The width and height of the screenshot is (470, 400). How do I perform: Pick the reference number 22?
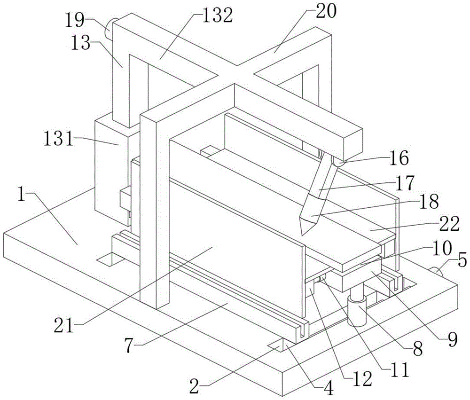pyautogui.click(x=449, y=224)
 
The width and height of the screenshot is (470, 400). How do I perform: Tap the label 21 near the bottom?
pyautogui.click(x=63, y=325)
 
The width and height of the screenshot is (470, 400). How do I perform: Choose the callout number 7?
pyautogui.click(x=130, y=346)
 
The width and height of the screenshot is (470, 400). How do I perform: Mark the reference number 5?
pyautogui.click(x=462, y=260)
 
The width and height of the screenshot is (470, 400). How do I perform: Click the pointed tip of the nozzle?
pyautogui.click(x=302, y=235)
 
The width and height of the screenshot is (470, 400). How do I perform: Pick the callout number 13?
pyautogui.click(x=81, y=43)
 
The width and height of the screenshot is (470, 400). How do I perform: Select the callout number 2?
pyautogui.click(x=194, y=386)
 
